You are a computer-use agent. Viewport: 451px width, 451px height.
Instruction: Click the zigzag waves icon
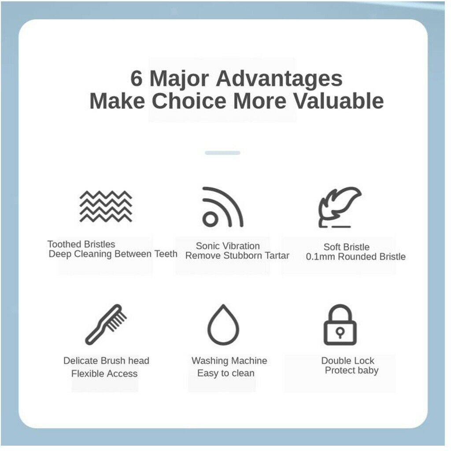106,206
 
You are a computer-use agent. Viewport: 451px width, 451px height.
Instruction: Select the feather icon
340,207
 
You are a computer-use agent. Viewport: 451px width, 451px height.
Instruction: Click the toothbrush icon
106,325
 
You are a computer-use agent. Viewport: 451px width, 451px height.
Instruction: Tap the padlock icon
340,325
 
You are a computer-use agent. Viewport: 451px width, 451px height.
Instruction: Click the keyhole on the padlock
340,333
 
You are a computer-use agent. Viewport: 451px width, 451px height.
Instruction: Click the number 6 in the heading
137,78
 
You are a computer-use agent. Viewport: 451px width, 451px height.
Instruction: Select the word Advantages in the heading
279,79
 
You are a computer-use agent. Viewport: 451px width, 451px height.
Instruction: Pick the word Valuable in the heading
338,101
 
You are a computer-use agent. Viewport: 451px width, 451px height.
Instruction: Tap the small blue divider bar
222,153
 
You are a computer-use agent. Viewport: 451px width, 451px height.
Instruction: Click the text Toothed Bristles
81,244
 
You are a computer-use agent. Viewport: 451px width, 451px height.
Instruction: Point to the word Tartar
277,255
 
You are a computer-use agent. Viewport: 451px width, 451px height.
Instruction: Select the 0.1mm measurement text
319,257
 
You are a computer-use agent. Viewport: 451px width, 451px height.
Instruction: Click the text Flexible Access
104,373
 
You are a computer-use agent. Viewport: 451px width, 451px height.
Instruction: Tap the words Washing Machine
229,361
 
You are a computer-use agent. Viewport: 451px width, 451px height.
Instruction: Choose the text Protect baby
351,370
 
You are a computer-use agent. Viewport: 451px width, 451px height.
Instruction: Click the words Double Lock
348,361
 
